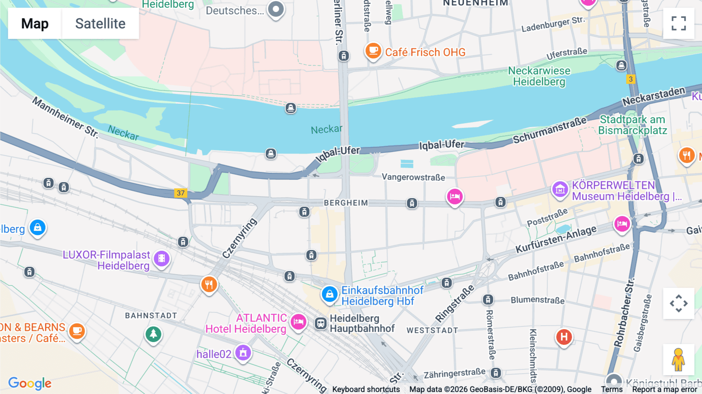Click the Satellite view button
pos(100,23)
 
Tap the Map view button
pos(35,23)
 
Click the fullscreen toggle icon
pos(679,23)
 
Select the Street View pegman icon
pos(678,359)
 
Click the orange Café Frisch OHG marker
pos(373,51)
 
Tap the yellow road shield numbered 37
pos(181,193)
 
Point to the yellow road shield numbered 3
pos(631,79)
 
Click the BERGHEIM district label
pos(346,203)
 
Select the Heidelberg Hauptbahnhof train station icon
pos(321,323)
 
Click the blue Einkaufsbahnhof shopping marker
pos(330,294)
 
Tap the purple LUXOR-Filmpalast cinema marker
pos(161,258)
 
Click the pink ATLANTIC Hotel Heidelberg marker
pos(299,322)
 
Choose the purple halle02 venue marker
pos(243,353)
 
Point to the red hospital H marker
pos(564,336)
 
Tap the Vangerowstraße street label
pos(413,177)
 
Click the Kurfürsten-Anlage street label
pos(556,239)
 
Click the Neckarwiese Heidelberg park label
pos(539,76)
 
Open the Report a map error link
pos(665,389)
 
